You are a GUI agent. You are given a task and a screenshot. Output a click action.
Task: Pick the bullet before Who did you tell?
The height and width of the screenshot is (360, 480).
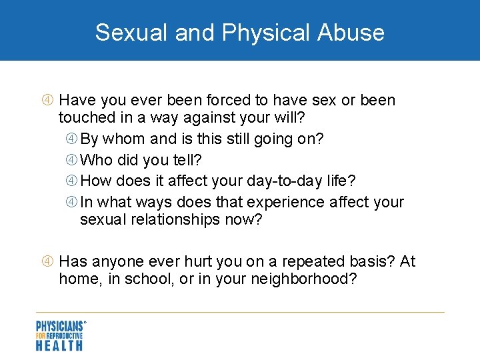click(72, 160)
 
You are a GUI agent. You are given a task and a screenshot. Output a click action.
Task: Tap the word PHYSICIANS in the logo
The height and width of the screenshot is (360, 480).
click(59, 327)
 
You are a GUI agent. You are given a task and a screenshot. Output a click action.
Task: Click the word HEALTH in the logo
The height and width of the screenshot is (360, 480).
click(59, 345)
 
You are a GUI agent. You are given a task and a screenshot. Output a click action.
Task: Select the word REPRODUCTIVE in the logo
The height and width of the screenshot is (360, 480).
click(65, 336)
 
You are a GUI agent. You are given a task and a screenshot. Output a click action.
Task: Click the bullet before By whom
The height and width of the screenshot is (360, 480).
click(72, 139)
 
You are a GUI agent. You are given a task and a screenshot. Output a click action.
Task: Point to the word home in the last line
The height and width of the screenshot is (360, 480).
click(75, 279)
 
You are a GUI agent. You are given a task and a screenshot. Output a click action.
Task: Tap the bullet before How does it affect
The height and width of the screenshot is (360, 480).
click(72, 181)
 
